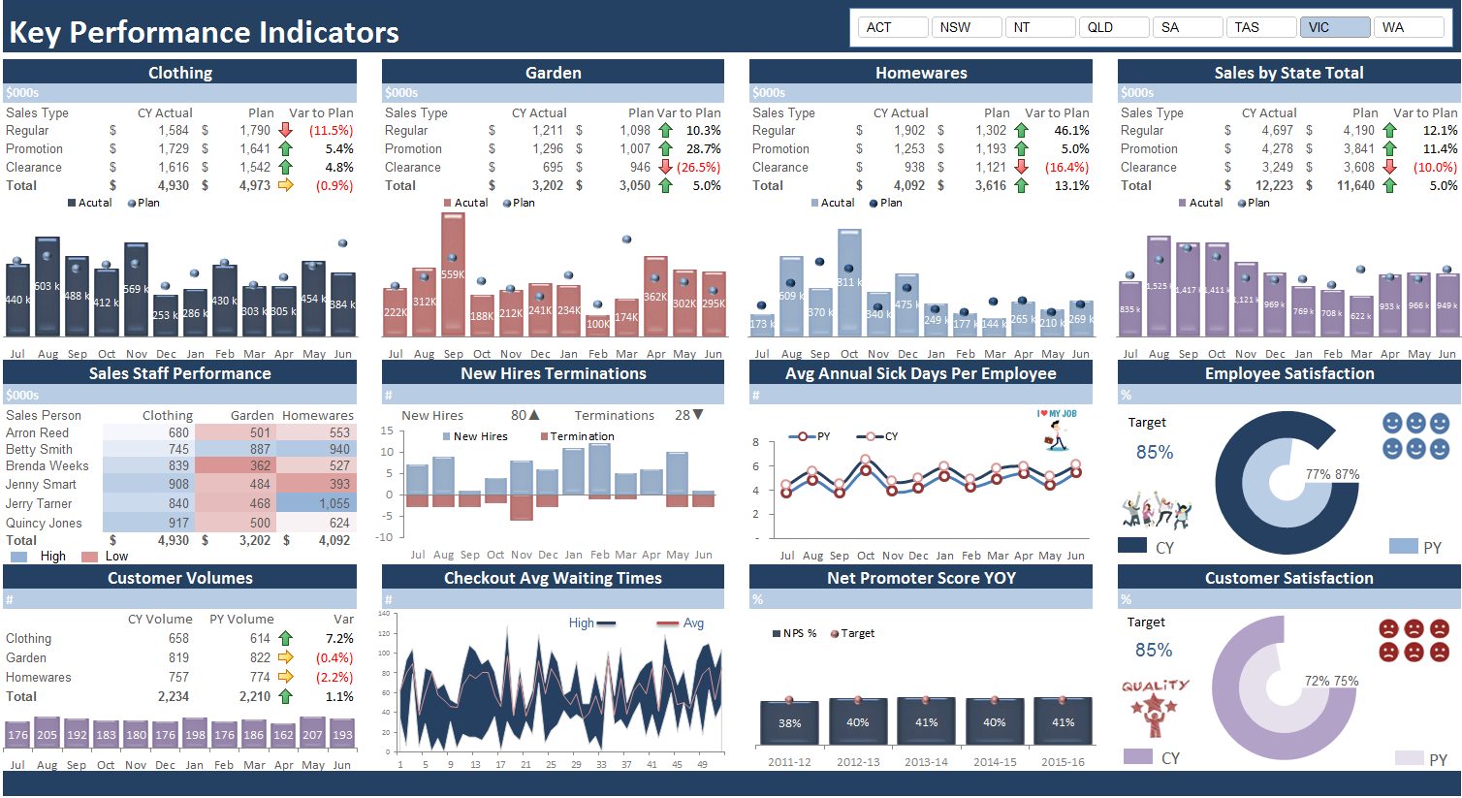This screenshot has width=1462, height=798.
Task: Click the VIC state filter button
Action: coord(1334,27)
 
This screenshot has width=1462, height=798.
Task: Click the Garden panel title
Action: coord(553,73)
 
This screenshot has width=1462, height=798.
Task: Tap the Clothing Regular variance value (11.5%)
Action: coord(331,130)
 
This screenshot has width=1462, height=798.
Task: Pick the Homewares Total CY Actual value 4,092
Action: coord(908,185)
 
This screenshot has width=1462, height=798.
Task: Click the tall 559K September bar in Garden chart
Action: coord(453,274)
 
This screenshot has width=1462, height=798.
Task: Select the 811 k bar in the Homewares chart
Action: coord(849,282)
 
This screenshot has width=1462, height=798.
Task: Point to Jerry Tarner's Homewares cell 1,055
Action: coord(334,503)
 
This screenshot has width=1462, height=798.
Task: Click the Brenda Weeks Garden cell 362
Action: coord(260,465)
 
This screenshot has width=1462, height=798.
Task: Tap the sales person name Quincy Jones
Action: coord(44,523)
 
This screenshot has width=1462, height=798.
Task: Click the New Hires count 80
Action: coord(519,415)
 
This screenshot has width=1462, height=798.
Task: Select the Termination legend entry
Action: coord(582,436)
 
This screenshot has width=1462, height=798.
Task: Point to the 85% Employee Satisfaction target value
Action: coord(1154,452)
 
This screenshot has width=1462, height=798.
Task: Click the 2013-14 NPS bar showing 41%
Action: coord(926,721)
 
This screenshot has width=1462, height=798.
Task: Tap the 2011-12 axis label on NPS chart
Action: coord(789,762)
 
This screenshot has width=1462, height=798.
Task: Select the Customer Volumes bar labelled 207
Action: coord(312,734)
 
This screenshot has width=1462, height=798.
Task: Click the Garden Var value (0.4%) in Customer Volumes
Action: coord(334,657)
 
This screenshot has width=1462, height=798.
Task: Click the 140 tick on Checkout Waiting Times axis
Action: coord(384,614)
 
